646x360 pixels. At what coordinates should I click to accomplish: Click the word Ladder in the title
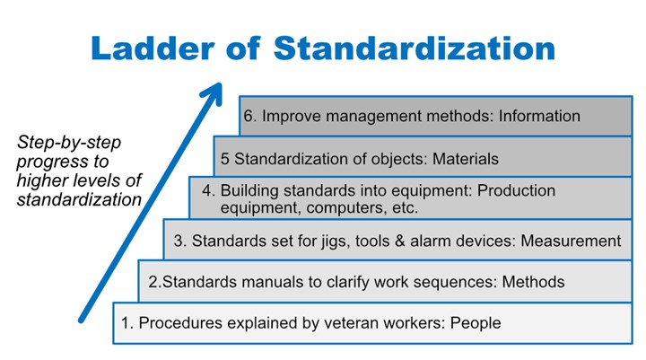(x=153, y=48)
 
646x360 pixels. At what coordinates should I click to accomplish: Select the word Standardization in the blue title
(x=414, y=48)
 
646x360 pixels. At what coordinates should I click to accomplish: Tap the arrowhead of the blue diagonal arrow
(x=213, y=93)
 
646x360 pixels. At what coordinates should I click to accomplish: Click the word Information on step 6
(x=539, y=116)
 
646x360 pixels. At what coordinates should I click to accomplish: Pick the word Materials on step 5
(x=465, y=159)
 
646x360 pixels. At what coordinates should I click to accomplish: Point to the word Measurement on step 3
(x=571, y=241)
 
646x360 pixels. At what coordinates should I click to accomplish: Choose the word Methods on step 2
(x=533, y=282)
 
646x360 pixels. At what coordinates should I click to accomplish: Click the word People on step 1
(x=476, y=323)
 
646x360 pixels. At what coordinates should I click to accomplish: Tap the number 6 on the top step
(x=248, y=116)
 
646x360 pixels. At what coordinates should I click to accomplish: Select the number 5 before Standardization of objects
(x=225, y=159)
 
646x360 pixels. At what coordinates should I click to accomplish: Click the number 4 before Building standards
(x=207, y=190)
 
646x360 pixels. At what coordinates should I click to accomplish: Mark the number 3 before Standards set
(x=178, y=241)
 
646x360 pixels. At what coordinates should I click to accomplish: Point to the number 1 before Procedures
(x=126, y=323)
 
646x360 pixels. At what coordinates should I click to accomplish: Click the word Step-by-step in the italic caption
(x=69, y=143)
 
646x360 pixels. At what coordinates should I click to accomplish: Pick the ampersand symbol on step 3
(x=399, y=241)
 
